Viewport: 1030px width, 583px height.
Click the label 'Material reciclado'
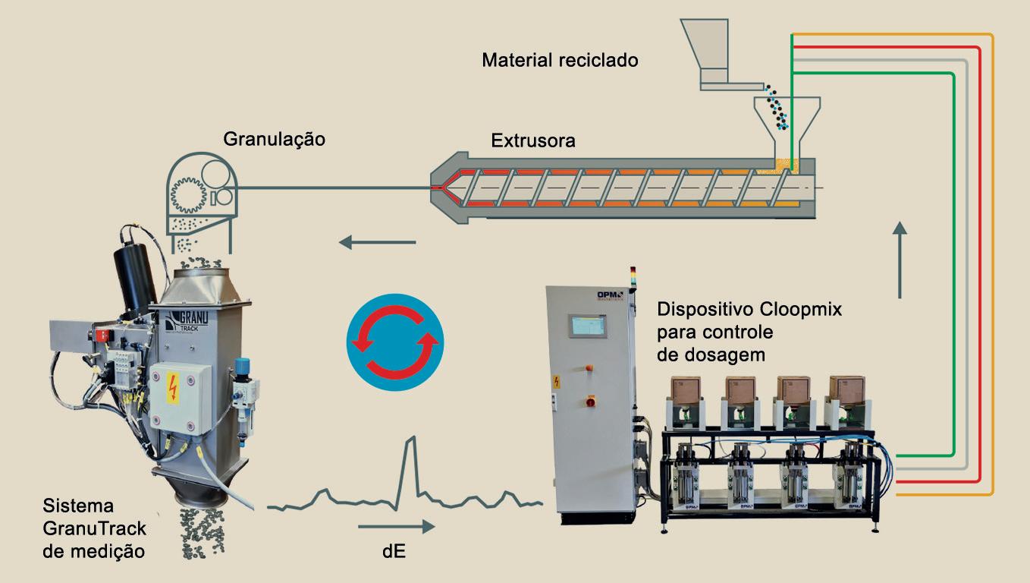coord(560,60)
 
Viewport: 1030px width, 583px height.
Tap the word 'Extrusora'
coord(533,140)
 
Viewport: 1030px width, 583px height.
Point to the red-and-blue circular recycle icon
coord(395,343)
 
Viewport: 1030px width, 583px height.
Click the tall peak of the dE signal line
coord(411,440)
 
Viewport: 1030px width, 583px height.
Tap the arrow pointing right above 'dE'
coord(396,526)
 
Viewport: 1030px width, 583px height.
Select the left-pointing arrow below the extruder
coord(377,243)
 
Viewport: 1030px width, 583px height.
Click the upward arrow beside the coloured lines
coord(900,259)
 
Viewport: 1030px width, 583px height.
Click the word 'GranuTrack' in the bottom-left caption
coord(95,528)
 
